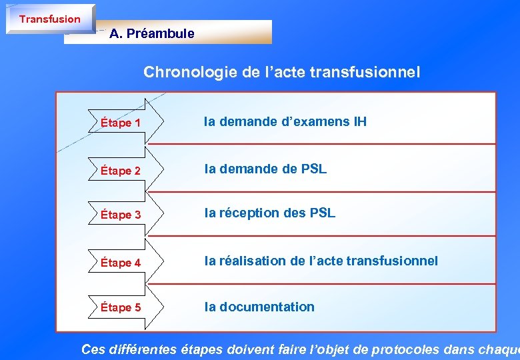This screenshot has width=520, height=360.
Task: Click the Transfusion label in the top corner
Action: [49, 19]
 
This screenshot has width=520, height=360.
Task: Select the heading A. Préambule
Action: [152, 33]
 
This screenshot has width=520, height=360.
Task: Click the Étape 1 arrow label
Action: [121, 123]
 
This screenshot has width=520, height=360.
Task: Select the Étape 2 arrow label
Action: [121, 171]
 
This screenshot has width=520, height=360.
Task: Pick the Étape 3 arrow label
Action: [121, 215]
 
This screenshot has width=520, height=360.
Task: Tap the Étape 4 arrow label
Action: [121, 263]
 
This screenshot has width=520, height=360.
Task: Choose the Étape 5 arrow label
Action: [121, 307]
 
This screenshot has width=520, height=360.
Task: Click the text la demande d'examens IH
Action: [285, 121]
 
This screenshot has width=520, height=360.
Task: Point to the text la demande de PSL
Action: [265, 169]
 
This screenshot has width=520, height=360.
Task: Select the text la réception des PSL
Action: [269, 213]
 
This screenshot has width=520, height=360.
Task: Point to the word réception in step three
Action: [249, 213]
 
